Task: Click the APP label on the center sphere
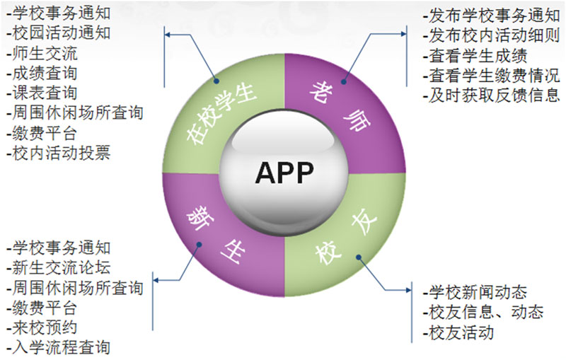(284, 172)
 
